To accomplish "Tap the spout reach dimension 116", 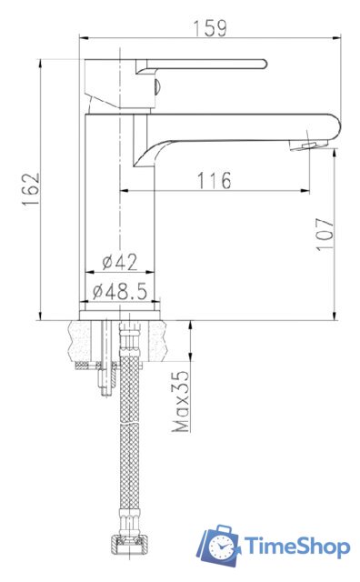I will tap(214, 179).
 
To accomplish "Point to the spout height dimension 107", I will tap(325, 234).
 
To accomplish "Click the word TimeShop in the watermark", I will tap(295, 546).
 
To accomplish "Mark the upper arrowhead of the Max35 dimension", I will tap(191, 326).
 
